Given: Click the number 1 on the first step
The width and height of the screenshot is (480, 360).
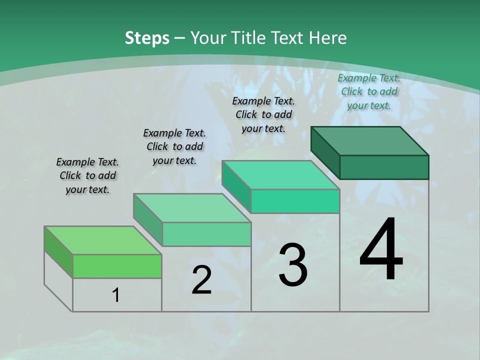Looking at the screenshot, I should click(116, 295).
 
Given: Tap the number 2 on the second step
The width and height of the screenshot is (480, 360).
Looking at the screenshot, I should click(201, 280).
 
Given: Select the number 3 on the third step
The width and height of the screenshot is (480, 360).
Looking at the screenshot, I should click(293, 264).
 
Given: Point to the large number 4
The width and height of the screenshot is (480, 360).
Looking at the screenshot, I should click(381, 249).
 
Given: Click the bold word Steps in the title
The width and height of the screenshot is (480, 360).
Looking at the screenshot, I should click(147, 37).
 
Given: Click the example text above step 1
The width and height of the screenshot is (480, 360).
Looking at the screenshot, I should click(87, 175).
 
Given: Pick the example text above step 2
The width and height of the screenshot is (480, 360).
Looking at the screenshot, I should click(174, 146).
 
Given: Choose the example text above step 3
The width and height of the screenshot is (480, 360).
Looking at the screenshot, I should click(263, 114).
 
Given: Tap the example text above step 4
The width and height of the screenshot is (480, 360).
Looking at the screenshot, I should click(369, 91).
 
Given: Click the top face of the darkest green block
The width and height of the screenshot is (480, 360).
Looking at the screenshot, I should click(370, 140).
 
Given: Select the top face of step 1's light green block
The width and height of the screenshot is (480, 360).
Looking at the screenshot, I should click(103, 240).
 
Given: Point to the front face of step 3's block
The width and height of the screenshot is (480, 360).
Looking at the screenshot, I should click(295, 201).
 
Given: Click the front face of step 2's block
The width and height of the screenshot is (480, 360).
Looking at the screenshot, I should click(206, 234).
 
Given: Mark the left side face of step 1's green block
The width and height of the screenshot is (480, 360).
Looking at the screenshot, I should click(58, 251).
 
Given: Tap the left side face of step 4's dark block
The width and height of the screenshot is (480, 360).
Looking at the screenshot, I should click(325, 152).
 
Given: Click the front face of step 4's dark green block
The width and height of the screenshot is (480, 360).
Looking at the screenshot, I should click(384, 167).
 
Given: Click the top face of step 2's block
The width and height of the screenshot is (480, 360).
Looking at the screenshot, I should click(192, 207).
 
